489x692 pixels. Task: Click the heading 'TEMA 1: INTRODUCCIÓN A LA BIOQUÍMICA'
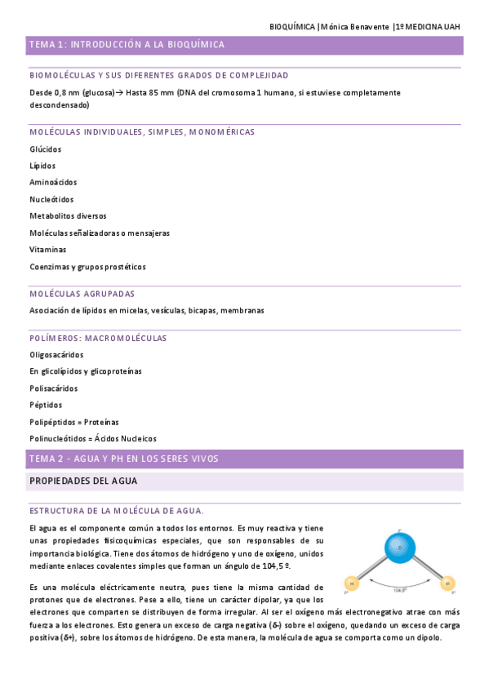[x=127, y=45]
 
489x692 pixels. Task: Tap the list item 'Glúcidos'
[x=45, y=149]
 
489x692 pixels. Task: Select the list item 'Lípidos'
[x=42, y=166]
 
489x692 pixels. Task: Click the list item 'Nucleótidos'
[x=51, y=199]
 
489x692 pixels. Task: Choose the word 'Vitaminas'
[x=48, y=250]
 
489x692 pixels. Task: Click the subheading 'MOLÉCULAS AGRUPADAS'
[x=82, y=294]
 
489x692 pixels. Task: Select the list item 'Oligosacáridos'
[x=56, y=355]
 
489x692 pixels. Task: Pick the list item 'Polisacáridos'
[x=54, y=388]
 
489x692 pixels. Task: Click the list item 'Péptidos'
[x=46, y=406]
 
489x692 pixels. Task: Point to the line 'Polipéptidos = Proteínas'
[x=73, y=422]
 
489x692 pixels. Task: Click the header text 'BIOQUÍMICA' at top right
[x=291, y=27]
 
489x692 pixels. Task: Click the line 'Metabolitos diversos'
[x=68, y=216]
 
